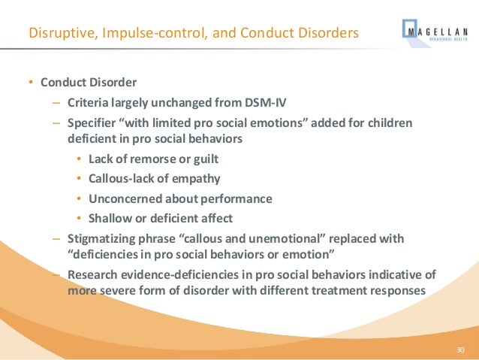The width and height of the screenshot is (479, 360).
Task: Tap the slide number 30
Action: coord(461,350)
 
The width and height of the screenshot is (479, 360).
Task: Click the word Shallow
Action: coord(110,219)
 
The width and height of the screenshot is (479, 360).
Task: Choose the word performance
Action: coord(234,199)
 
